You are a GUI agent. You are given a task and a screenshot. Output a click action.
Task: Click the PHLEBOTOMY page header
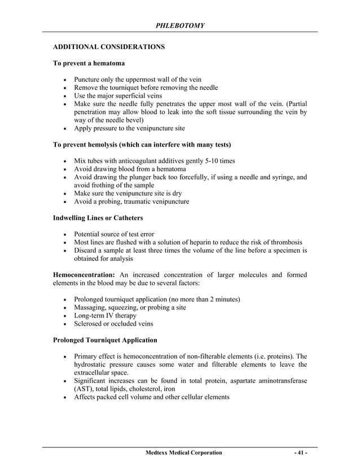point(180,25)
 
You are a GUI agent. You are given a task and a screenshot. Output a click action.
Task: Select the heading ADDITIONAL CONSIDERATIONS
point(108,48)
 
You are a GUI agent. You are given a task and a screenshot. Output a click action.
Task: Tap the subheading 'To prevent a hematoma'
point(89,65)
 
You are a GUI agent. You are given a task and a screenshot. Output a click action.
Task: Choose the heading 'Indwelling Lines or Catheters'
point(98,218)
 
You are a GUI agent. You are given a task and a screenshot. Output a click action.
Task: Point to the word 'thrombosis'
point(285,243)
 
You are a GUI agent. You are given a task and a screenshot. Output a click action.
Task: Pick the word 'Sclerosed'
point(90,324)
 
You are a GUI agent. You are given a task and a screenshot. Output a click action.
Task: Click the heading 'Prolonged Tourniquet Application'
point(105,340)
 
